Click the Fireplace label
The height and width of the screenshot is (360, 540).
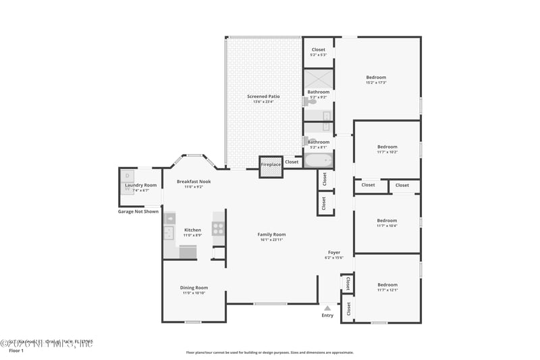[271, 165]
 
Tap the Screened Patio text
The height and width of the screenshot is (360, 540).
[263, 97]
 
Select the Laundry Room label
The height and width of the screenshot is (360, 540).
[140, 185]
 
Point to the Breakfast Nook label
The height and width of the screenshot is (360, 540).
[194, 181]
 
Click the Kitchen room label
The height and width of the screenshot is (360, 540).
[192, 230]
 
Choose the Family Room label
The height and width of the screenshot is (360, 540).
[271, 234]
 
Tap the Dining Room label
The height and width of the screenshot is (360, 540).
[194, 288]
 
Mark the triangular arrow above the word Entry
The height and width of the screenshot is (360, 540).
[327, 307]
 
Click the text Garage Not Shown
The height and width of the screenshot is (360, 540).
[138, 211]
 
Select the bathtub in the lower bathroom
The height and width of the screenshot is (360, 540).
[319, 161]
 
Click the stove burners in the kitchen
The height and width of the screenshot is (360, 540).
[218, 228]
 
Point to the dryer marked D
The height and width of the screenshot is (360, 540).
[128, 176]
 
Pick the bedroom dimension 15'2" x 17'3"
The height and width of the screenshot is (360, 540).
[376, 83]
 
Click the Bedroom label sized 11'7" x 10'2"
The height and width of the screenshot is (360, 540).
[387, 147]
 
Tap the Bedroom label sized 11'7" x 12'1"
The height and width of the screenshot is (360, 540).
[387, 284]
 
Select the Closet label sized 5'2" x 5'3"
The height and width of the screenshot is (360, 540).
[318, 49]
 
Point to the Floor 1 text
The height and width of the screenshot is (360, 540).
[16, 351]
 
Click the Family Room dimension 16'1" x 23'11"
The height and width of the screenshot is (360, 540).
[271, 240]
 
